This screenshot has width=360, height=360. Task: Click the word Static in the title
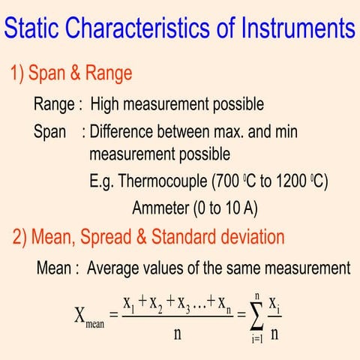33,28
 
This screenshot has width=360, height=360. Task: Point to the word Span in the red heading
54,73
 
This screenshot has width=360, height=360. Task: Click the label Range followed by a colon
57,104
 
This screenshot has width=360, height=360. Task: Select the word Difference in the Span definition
124,132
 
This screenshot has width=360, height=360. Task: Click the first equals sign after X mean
114,315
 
